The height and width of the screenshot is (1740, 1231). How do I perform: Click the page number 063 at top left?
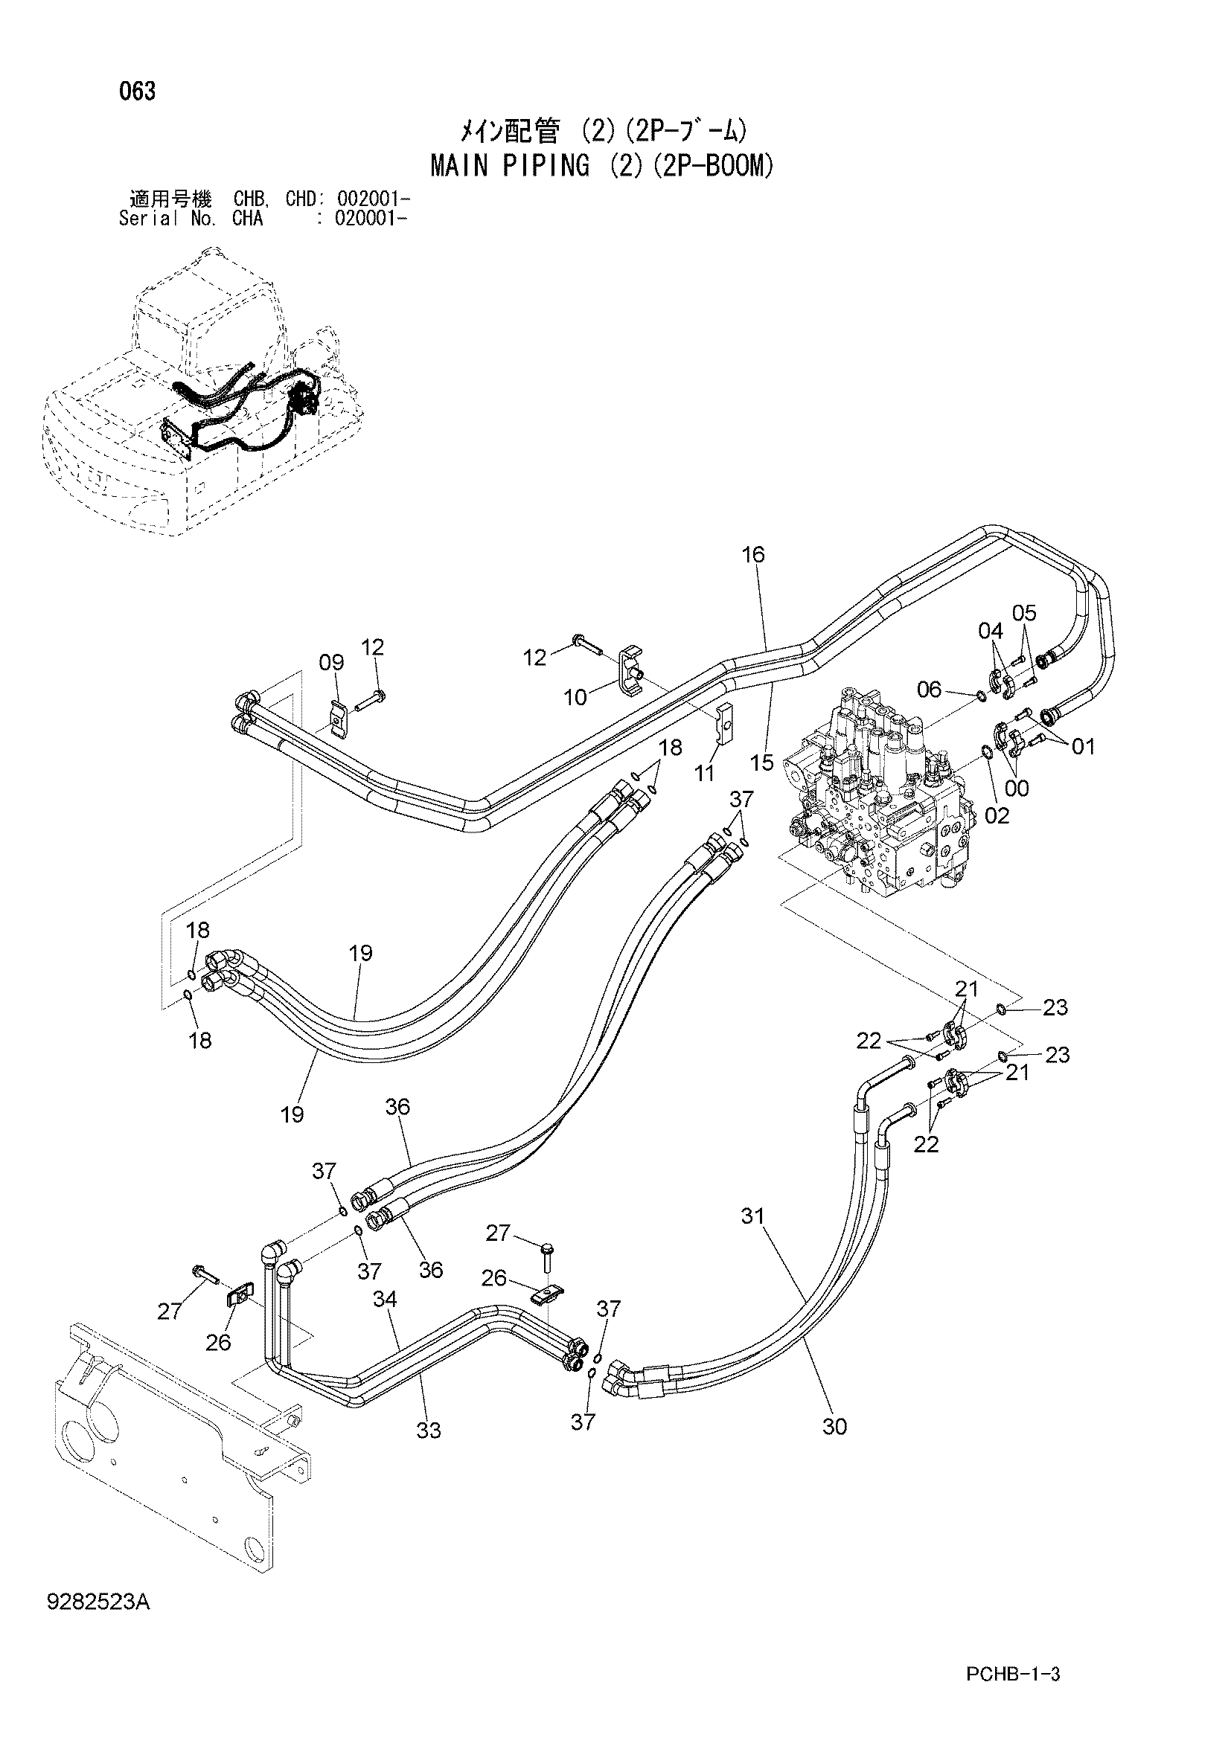coord(137,92)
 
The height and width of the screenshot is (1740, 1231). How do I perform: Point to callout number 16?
coord(752,554)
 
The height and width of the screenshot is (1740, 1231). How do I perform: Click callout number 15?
coord(762,763)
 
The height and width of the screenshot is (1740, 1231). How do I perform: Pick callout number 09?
coord(331,663)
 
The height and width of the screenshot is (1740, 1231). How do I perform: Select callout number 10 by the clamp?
coord(576,697)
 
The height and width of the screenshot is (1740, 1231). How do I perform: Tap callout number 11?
coord(706,773)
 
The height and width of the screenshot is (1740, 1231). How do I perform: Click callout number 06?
coord(930,689)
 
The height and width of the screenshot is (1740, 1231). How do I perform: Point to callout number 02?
coord(997,815)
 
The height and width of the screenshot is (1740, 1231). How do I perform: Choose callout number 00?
coord(1017,788)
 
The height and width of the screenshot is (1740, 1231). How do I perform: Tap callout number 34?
coord(385,1299)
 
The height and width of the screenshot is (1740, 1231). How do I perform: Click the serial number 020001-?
coord(362,219)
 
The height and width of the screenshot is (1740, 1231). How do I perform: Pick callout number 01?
coord(1083,746)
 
